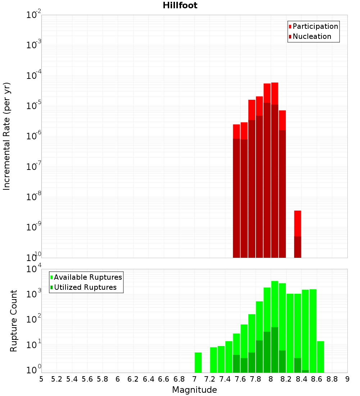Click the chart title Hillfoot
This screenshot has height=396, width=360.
point(180,5)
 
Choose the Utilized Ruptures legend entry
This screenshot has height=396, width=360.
point(85,288)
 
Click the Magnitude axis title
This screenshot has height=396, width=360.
point(194,390)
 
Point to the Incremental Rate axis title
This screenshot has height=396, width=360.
point(7,136)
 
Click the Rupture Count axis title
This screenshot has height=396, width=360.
point(14,321)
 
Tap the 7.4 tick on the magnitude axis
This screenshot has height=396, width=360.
point(225,379)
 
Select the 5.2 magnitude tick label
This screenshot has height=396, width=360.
point(57,379)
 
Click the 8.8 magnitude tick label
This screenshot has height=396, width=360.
point(332,379)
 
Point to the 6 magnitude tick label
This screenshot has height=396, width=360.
point(118,379)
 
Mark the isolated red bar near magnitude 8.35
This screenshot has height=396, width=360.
point(297,223)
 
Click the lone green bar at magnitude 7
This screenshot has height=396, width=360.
point(198,362)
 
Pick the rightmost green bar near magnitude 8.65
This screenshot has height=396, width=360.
point(320,356)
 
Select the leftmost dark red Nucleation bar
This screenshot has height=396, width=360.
point(236,198)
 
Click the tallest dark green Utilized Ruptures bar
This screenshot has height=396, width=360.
point(275,349)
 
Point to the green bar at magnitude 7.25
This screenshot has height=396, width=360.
point(213,360)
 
